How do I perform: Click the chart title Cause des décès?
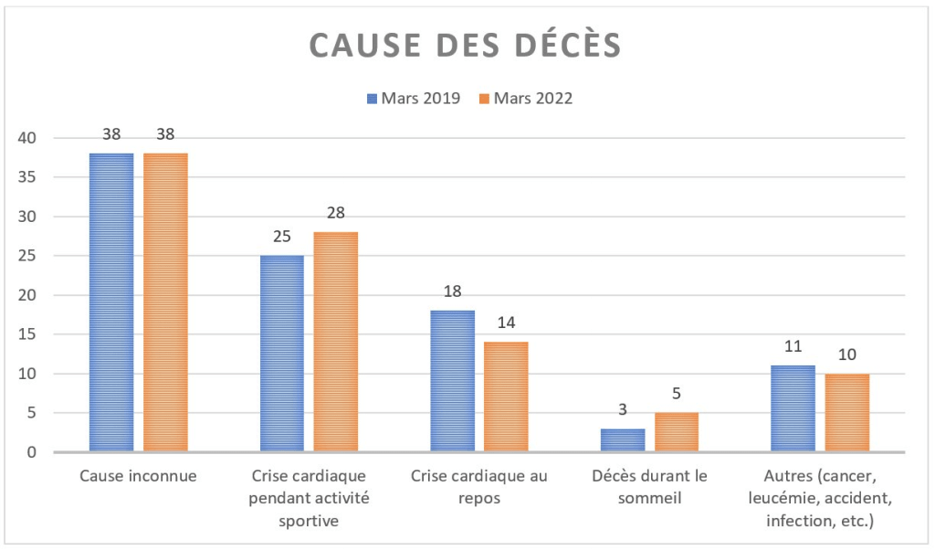point(465,45)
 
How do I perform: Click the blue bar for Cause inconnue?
point(111,302)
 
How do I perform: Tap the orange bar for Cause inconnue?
point(165,302)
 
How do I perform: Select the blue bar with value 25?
point(281,354)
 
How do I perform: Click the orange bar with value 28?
point(335,342)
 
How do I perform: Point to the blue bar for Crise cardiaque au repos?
point(452,381)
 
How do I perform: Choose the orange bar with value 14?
point(506,397)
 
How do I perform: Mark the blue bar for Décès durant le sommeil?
point(622,439)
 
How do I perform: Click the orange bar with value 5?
point(676,432)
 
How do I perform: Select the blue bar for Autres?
point(793,408)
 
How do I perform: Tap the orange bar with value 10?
point(846,412)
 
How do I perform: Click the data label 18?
point(452,292)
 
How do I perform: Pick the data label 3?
point(622,410)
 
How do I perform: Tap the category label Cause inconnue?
point(138,476)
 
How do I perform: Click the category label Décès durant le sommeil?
point(649,486)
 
